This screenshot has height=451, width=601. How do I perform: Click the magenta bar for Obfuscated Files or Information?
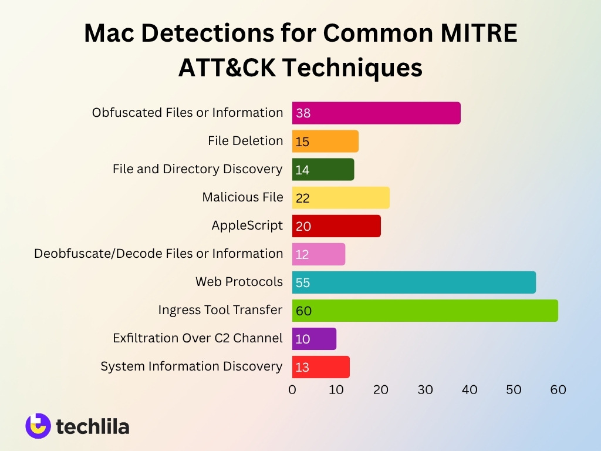(376, 113)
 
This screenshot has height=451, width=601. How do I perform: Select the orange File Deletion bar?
(325, 142)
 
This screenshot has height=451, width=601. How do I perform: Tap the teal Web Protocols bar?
(414, 282)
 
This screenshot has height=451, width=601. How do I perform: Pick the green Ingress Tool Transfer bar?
(425, 311)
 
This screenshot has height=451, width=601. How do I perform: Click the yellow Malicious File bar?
(341, 198)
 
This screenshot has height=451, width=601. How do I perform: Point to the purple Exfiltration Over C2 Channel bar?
(314, 339)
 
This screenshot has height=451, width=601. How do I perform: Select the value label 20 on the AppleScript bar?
(303, 227)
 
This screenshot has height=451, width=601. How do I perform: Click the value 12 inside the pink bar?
(303, 255)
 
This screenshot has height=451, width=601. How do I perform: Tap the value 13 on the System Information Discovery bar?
(302, 368)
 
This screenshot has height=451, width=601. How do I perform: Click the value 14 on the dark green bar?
(303, 170)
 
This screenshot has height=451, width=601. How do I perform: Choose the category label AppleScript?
(247, 225)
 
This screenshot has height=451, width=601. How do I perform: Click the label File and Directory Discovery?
(197, 169)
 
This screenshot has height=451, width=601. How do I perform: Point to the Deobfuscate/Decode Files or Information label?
(158, 254)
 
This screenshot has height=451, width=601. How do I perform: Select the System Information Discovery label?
(191, 366)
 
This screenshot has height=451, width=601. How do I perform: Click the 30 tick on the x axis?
(425, 389)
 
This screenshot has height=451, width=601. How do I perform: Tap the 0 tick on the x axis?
(292, 389)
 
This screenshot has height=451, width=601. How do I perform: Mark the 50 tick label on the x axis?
(514, 389)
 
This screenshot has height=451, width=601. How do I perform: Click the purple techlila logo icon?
(38, 426)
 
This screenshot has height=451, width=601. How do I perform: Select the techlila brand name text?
(93, 427)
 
